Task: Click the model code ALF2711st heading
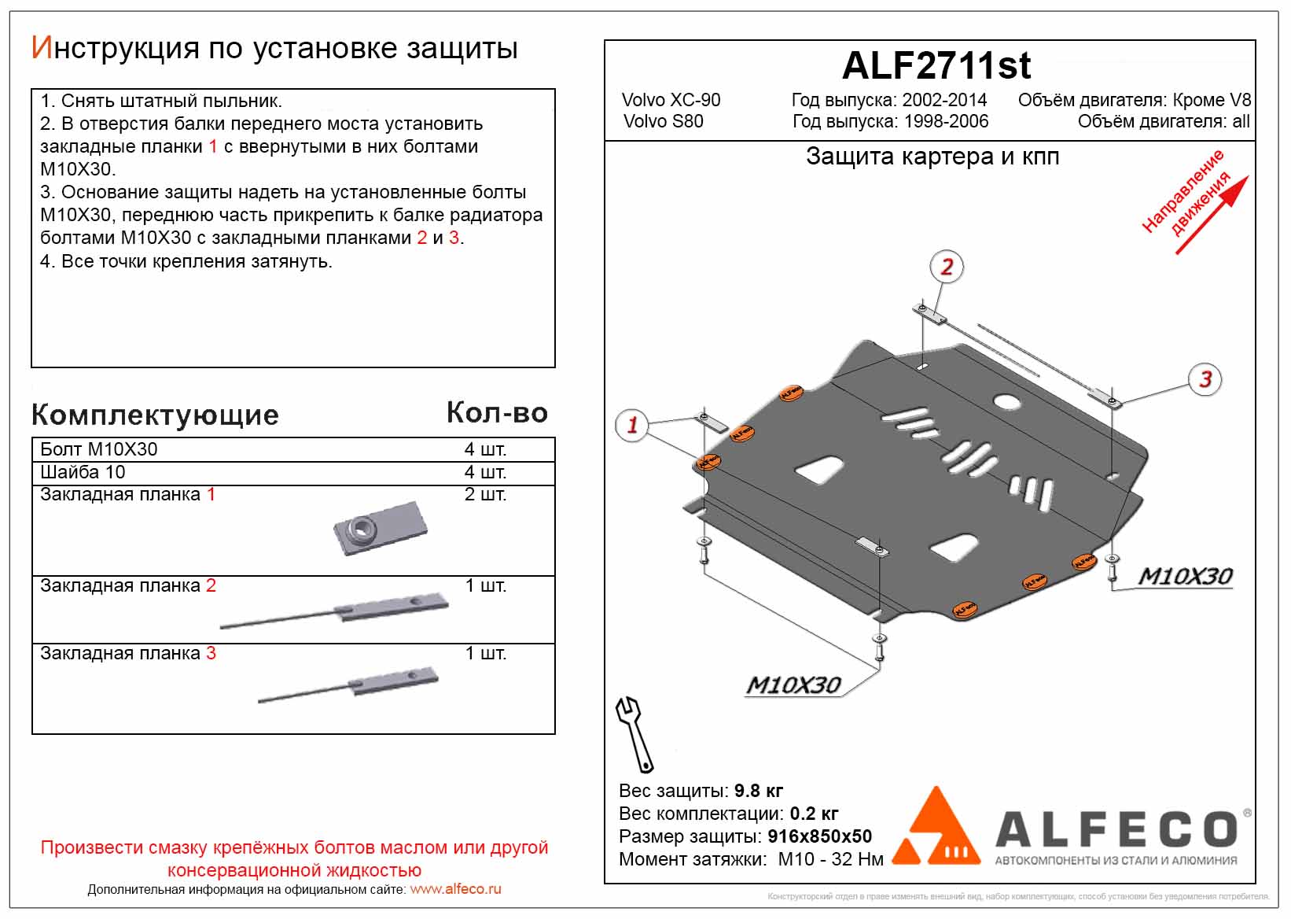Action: [x=936, y=66]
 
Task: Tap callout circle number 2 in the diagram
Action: [x=947, y=267]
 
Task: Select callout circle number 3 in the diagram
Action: [x=1205, y=379]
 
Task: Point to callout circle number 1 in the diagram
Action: [x=632, y=425]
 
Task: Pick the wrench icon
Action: [x=634, y=734]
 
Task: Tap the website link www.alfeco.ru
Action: [x=455, y=889]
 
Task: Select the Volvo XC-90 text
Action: [x=671, y=100]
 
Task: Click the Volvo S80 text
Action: [x=663, y=121]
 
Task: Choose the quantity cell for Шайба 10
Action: [x=485, y=472]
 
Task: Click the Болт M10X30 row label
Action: [x=99, y=449]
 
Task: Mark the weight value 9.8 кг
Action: [x=758, y=791]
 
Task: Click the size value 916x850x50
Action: [x=819, y=836]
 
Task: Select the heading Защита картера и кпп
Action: [x=932, y=157]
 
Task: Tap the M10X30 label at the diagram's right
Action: [x=1185, y=577]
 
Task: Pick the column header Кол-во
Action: [x=497, y=413]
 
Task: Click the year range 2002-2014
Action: [x=944, y=100]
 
